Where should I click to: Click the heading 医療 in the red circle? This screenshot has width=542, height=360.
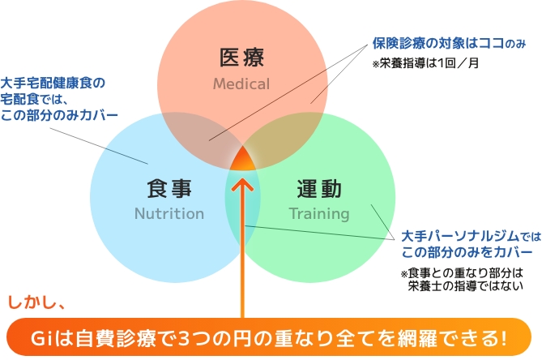241,57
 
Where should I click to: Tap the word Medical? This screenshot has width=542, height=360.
241,84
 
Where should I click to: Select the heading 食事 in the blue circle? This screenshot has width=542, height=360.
169,188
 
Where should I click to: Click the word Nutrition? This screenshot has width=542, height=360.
169,214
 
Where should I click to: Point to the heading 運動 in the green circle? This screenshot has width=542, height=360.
319,188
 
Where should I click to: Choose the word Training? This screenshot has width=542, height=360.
319,214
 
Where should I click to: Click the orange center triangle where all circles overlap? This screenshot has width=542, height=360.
243,160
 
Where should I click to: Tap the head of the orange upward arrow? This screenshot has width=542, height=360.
242,184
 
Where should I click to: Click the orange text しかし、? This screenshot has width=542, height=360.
36,302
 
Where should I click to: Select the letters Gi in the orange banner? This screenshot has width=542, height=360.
41,339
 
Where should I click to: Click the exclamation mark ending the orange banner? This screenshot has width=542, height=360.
503,339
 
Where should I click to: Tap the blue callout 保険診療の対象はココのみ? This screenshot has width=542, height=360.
449,43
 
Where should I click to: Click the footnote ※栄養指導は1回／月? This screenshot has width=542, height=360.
425,63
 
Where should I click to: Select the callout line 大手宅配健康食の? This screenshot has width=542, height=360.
53,83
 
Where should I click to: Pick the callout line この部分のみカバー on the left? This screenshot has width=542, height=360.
59,115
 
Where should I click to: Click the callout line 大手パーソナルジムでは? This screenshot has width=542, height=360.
471,236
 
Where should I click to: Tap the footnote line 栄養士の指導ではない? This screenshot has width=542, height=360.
465,286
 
